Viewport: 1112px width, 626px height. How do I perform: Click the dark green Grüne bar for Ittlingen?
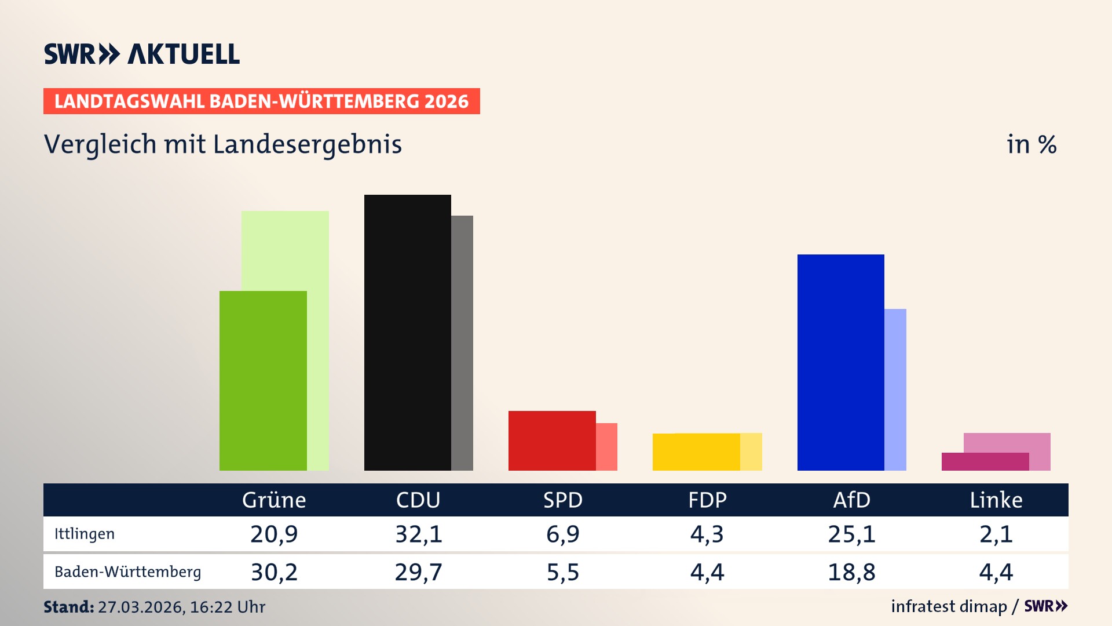tap(263, 380)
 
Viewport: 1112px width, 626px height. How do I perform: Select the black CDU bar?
tap(407, 332)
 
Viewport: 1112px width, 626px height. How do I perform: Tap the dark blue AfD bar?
tap(840, 362)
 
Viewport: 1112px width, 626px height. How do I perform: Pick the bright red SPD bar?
tap(551, 441)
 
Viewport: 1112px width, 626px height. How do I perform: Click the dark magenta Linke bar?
tap(985, 461)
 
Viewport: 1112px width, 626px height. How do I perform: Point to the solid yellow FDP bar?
tap(696, 452)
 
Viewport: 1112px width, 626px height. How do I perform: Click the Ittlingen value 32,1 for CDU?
tap(418, 534)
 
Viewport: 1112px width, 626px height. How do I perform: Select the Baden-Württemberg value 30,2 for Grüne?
tap(274, 572)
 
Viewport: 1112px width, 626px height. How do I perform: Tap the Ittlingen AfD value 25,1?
tap(851, 534)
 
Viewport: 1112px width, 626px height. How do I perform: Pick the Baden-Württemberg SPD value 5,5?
tap(563, 572)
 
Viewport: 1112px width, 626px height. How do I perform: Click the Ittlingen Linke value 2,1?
tap(996, 534)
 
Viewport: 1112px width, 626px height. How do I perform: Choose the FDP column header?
tap(707, 500)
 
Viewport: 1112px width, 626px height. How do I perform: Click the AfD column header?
tap(851, 500)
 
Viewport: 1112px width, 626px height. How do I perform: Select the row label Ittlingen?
tap(85, 534)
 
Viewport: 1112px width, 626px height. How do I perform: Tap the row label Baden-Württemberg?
tap(127, 572)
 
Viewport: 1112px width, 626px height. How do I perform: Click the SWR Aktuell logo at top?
tap(142, 54)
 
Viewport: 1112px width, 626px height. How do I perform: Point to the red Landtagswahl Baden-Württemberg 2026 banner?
tap(261, 101)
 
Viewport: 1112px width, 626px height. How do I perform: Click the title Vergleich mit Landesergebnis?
tap(223, 144)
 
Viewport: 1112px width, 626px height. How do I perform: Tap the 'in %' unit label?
tap(1031, 144)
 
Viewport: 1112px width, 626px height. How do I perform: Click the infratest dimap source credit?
tap(949, 606)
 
